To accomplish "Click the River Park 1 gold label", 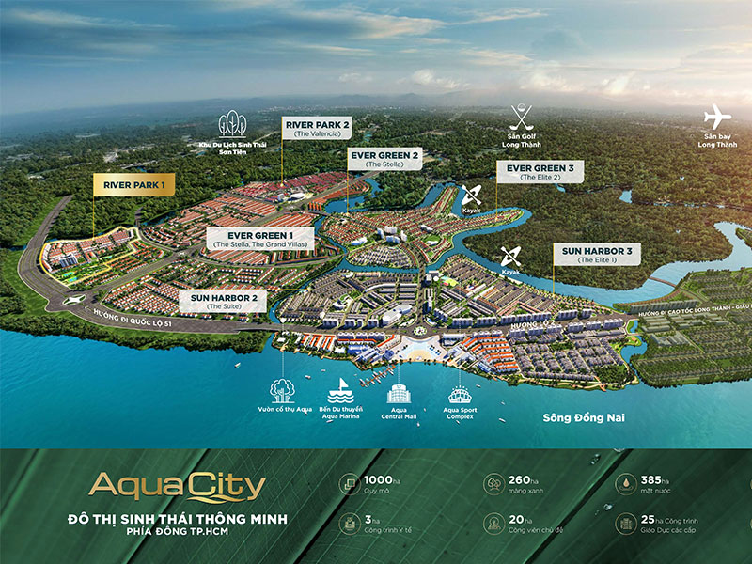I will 130,185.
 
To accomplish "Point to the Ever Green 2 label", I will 384,158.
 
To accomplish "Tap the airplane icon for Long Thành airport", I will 717,117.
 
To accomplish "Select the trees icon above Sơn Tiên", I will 232,124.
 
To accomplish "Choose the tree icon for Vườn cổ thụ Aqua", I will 281,389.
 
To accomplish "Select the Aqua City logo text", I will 177,487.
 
